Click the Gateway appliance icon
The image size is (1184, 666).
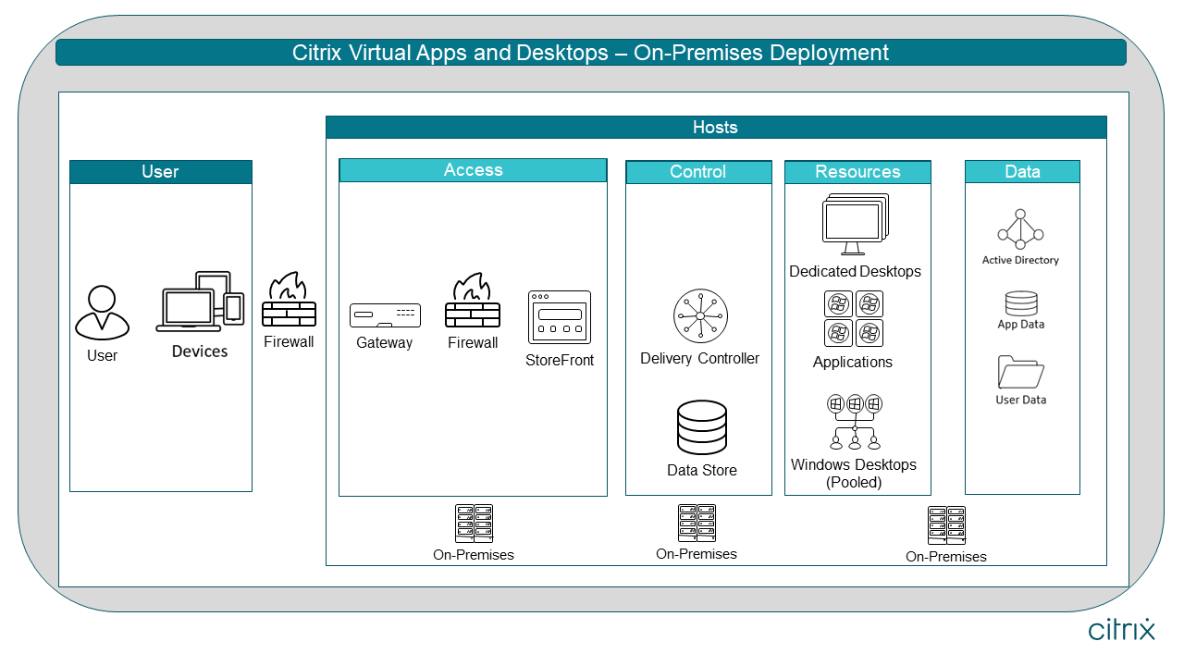(x=385, y=315)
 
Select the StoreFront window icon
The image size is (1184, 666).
(x=559, y=318)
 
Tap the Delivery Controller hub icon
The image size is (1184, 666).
(x=700, y=317)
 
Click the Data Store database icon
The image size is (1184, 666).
(x=702, y=427)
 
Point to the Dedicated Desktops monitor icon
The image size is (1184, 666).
(x=855, y=225)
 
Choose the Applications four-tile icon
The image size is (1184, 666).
(x=853, y=318)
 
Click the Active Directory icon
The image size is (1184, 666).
(x=1020, y=229)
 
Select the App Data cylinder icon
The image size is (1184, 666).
(x=1021, y=303)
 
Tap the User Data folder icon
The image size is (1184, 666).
(x=1021, y=373)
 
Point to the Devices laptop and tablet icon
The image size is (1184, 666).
(x=200, y=302)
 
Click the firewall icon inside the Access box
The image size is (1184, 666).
(x=473, y=302)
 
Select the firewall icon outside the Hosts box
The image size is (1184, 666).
(x=290, y=301)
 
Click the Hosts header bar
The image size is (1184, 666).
(x=716, y=128)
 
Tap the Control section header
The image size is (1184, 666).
(x=698, y=172)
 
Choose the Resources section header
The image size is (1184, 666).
(x=857, y=172)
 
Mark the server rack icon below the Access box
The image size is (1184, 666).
(x=474, y=524)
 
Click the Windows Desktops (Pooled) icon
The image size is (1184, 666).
(x=855, y=422)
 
